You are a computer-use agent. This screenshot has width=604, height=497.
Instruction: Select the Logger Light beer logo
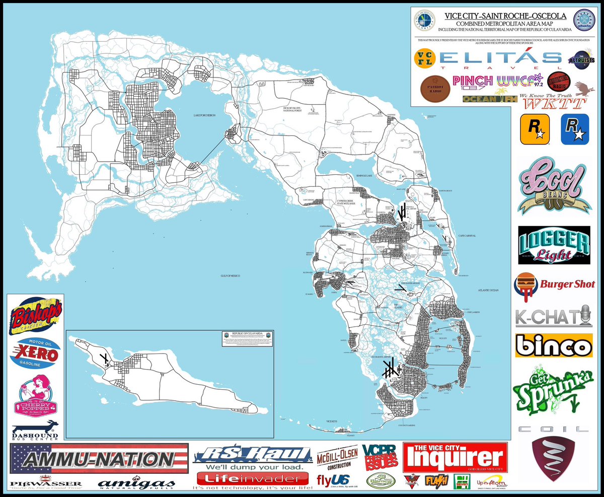[554, 245]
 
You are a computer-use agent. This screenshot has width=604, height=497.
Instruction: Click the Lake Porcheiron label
[204, 115]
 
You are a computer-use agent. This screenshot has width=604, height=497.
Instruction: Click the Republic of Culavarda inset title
[247, 333]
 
